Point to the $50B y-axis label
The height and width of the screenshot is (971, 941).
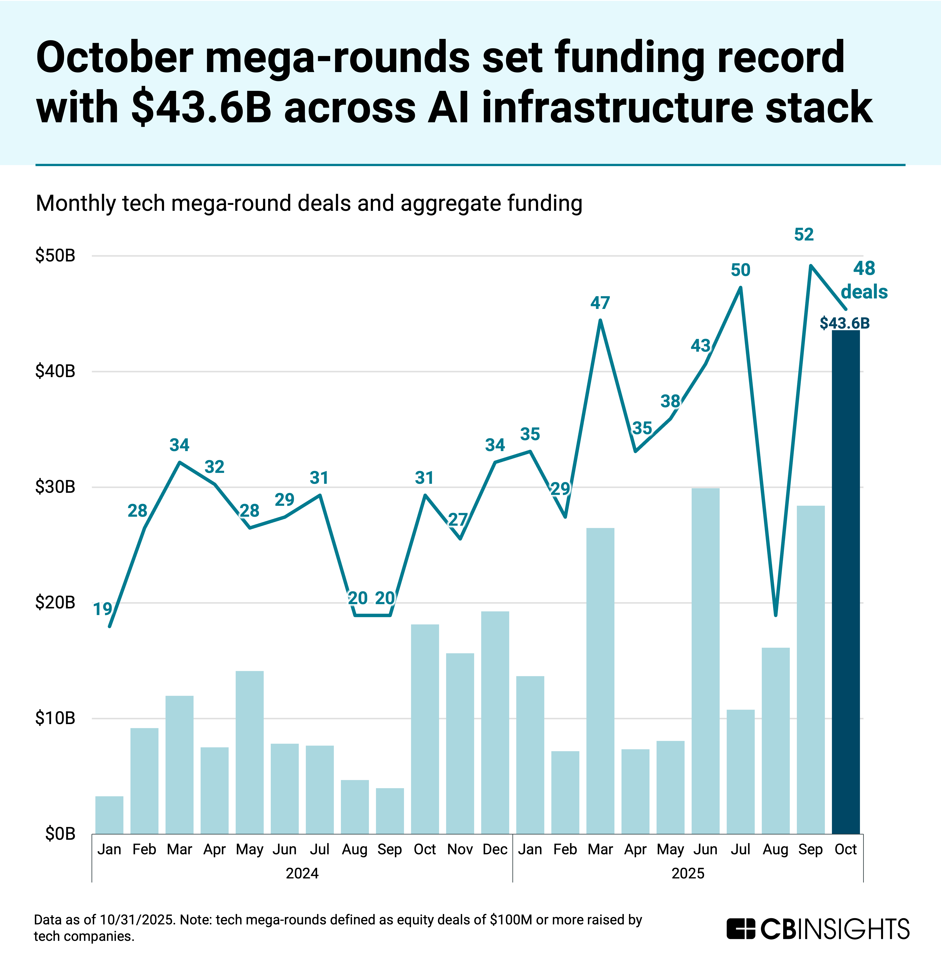(x=55, y=256)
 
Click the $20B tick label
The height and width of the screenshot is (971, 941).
(x=55, y=602)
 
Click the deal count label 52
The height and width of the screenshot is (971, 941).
(x=804, y=234)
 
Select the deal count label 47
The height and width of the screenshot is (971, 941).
(x=600, y=303)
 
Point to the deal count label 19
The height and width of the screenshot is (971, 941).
(x=103, y=609)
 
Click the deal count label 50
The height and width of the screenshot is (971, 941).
(x=740, y=270)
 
